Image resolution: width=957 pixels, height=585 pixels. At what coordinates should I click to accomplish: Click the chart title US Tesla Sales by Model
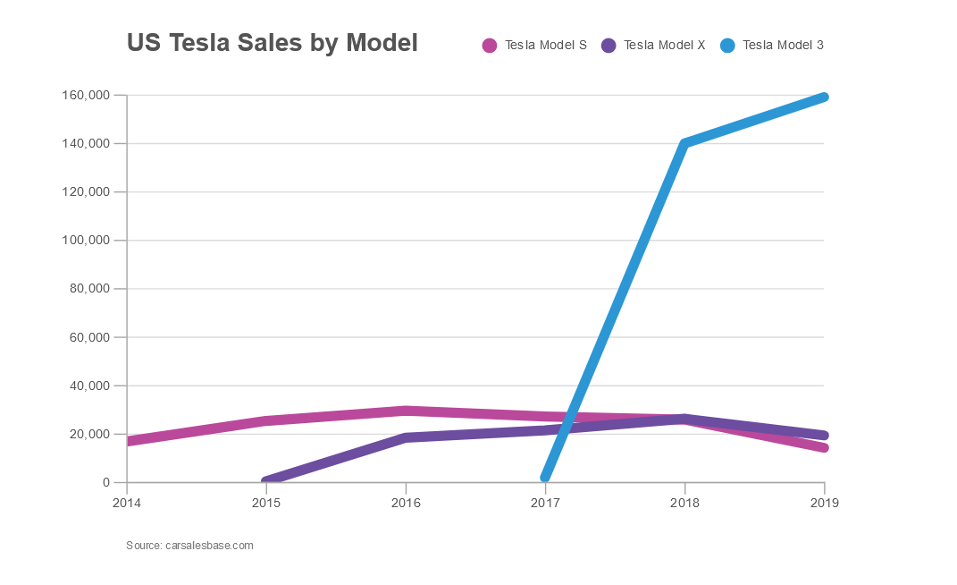272,43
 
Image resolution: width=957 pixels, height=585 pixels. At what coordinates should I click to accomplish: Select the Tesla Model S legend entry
534,45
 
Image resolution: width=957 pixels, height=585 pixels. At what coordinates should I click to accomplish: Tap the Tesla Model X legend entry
653,45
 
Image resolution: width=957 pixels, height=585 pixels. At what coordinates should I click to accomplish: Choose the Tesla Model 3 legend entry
772,45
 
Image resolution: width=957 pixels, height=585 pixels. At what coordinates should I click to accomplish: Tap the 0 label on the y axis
106,483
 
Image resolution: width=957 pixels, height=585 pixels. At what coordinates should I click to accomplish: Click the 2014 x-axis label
127,503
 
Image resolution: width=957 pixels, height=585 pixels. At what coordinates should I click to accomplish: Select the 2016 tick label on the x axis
406,503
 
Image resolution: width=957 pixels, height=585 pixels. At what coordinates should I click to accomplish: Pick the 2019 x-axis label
824,503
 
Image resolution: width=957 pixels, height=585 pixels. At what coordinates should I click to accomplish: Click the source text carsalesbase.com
189,545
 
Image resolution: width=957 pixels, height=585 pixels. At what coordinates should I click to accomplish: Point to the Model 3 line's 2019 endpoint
824,97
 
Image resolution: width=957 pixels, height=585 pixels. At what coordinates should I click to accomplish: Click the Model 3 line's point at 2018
684,143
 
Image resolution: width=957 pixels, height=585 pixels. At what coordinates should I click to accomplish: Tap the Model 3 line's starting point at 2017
545,478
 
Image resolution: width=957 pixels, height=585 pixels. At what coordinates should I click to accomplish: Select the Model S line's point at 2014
128,441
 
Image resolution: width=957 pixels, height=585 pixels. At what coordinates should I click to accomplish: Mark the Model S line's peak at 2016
406,411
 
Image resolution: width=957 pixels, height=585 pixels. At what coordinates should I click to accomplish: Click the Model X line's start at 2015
266,481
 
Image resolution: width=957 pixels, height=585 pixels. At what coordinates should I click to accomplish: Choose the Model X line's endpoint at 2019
824,436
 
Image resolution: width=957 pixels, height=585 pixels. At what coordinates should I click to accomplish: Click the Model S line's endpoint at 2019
824,448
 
